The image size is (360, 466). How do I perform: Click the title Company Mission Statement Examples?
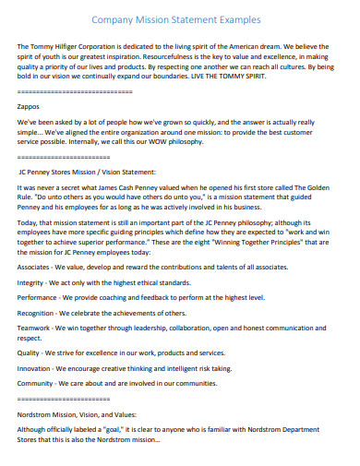click(179, 18)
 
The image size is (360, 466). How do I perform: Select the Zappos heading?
click(30, 107)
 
